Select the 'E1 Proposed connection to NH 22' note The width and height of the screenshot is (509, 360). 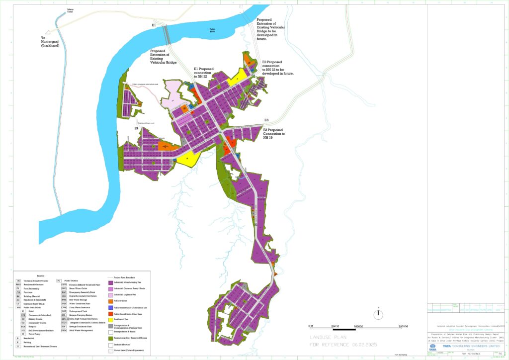pos(203,73)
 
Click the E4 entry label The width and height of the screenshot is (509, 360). pos(136,129)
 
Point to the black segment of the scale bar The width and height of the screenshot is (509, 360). pos(344,329)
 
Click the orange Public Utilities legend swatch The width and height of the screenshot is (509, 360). pos(111,301)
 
